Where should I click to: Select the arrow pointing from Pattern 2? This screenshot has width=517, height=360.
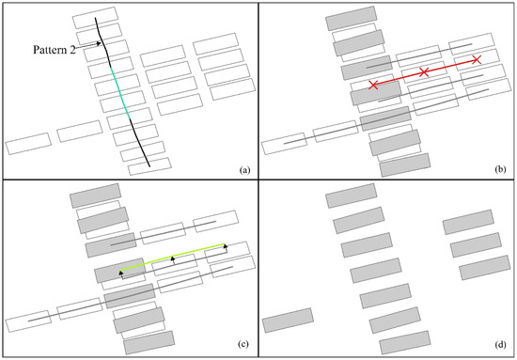pos(87,43)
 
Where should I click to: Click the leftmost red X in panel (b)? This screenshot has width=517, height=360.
pos(374,86)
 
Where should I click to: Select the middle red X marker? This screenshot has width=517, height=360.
pos(424,72)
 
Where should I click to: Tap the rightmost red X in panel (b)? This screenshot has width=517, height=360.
pos(477,60)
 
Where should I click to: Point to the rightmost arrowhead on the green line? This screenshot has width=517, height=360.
pos(226,246)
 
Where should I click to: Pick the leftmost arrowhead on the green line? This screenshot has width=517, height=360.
pos(120,274)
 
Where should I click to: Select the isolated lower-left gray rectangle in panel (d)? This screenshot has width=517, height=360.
pos(288,321)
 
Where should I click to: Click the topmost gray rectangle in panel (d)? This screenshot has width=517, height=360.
pos(352,198)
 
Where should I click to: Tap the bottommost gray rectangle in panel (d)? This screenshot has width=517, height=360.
pos(405,341)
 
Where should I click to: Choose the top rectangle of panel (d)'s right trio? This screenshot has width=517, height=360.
pos(468,224)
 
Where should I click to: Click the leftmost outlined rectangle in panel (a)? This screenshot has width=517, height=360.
pos(28,143)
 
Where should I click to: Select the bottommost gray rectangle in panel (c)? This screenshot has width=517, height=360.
pos(149,341)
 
